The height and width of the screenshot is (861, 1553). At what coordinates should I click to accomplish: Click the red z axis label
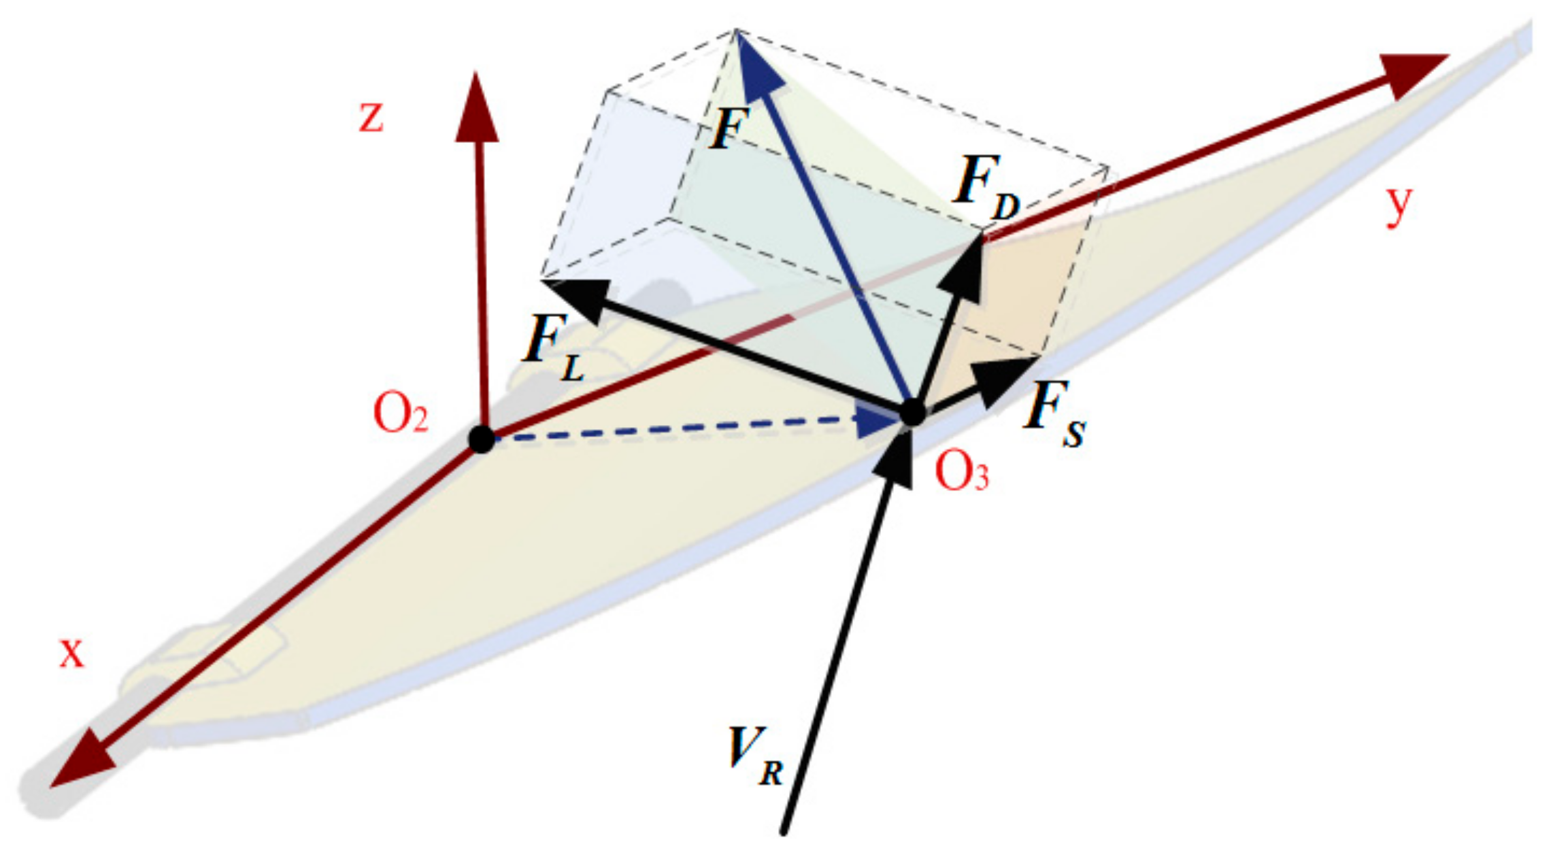pos(371,117)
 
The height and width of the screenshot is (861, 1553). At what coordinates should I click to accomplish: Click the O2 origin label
pos(401,414)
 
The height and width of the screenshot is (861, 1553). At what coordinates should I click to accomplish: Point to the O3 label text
pos(961,472)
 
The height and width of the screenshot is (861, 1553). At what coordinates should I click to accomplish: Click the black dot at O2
pos(482,439)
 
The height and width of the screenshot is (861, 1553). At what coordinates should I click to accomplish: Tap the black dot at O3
pos(912,412)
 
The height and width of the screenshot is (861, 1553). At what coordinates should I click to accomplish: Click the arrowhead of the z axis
pos(477,109)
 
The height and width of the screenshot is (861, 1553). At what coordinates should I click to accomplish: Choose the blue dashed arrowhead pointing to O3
pos(878,422)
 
